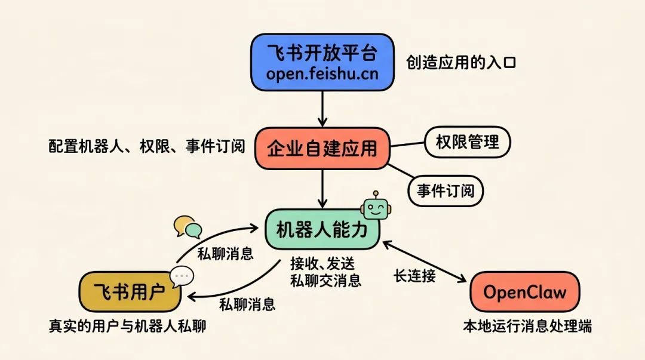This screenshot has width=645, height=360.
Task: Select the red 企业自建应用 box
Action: pos(322,147)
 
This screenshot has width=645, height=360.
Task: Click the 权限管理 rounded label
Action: pos(467,141)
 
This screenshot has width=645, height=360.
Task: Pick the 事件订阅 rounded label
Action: pos(446,190)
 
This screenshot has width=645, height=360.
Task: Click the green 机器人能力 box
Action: pos(322,229)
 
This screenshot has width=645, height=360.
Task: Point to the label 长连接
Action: pos(414,275)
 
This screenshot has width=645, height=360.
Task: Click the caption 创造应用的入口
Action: pos(460,62)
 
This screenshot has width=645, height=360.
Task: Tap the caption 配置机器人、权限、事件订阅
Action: pos(147,147)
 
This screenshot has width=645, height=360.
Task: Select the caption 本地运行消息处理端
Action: pos(527,327)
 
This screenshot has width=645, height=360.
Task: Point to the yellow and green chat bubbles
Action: pos(188,227)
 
